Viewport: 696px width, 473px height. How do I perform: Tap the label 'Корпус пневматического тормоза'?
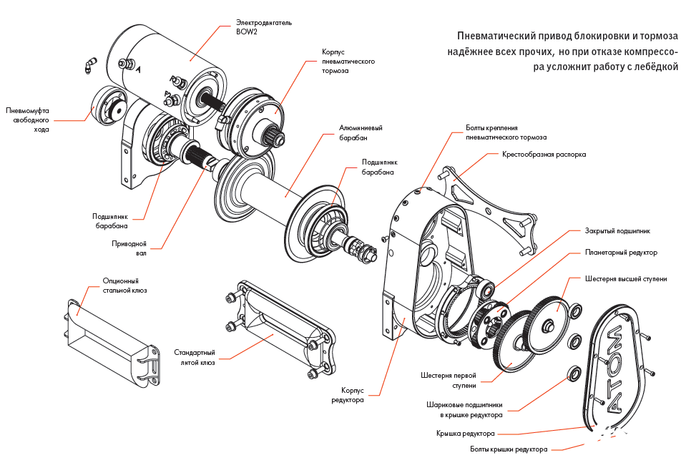point(348,62)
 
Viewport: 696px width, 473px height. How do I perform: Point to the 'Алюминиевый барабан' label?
point(361,132)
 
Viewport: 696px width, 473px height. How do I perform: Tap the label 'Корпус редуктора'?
point(352,395)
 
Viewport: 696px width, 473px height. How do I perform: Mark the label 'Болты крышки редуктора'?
point(509,449)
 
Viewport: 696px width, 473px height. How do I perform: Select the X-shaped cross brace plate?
point(494,208)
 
